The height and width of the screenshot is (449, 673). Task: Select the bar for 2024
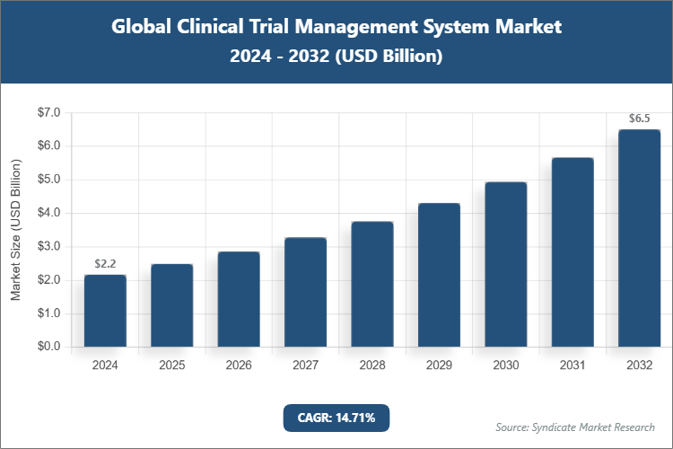tap(105, 311)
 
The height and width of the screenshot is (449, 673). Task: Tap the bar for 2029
tap(439, 275)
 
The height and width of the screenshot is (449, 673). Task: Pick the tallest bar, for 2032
tap(639, 238)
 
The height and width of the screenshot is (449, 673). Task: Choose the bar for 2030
tap(505, 264)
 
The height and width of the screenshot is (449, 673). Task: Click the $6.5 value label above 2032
tap(639, 119)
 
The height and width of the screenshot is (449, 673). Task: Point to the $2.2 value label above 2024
tap(105, 263)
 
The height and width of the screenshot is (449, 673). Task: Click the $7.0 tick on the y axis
tap(48, 113)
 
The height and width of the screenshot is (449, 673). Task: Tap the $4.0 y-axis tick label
tap(48, 214)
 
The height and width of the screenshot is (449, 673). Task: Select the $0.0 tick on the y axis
tap(48, 348)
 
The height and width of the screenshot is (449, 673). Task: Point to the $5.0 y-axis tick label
tap(48, 180)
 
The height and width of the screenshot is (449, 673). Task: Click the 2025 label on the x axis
tap(171, 366)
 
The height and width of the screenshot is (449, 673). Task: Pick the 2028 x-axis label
tap(371, 366)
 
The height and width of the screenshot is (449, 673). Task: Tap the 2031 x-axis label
tap(572, 366)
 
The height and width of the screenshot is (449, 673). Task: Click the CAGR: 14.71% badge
tap(336, 418)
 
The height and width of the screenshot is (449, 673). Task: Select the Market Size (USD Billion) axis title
tap(16, 230)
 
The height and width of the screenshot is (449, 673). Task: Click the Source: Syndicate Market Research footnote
tap(574, 427)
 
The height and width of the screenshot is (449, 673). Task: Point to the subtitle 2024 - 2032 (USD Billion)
tap(336, 56)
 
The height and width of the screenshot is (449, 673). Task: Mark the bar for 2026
tap(239, 299)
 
